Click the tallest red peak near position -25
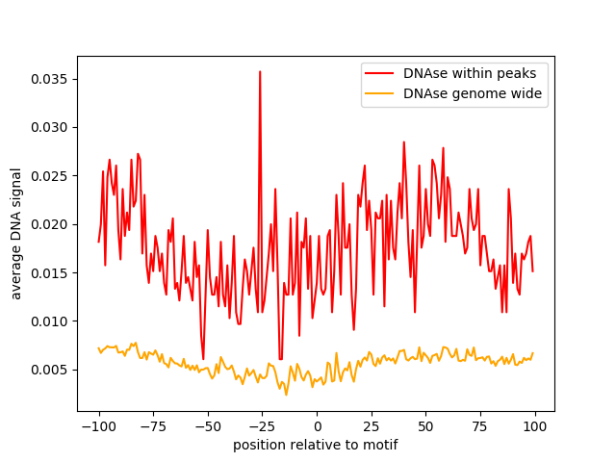pos(260,72)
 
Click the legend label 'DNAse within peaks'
pos(457,72)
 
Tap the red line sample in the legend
pos(380,72)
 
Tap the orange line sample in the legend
pos(380,93)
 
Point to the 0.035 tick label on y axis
pos(51,78)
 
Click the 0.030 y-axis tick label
pos(51,127)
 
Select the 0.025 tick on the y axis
pos(51,175)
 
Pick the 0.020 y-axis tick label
pos(51,224)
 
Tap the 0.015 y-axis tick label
pos(51,272)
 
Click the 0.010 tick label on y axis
pos(51,321)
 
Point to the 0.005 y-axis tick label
pos(51,370)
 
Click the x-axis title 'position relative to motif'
pos(316,445)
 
